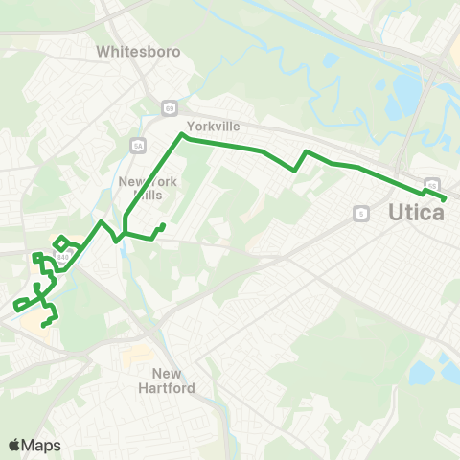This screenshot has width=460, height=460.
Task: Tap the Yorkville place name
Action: (x=213, y=126)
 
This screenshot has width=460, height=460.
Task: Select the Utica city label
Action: (x=417, y=213)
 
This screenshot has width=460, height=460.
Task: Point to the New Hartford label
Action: (x=173, y=380)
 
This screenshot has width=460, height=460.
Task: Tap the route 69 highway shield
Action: (x=169, y=107)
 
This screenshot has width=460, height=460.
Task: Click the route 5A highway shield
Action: (x=136, y=145)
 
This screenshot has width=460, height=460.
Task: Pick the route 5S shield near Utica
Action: (x=431, y=183)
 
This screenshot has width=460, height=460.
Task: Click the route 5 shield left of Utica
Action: (x=361, y=213)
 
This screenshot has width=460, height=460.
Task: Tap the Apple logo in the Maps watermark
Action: (x=14, y=445)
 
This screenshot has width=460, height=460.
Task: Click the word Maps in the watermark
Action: (x=41, y=445)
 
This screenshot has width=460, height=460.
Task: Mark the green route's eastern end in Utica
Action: (x=446, y=198)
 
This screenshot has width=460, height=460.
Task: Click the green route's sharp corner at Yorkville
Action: (x=182, y=137)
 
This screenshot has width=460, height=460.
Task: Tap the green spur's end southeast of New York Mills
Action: (x=164, y=225)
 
